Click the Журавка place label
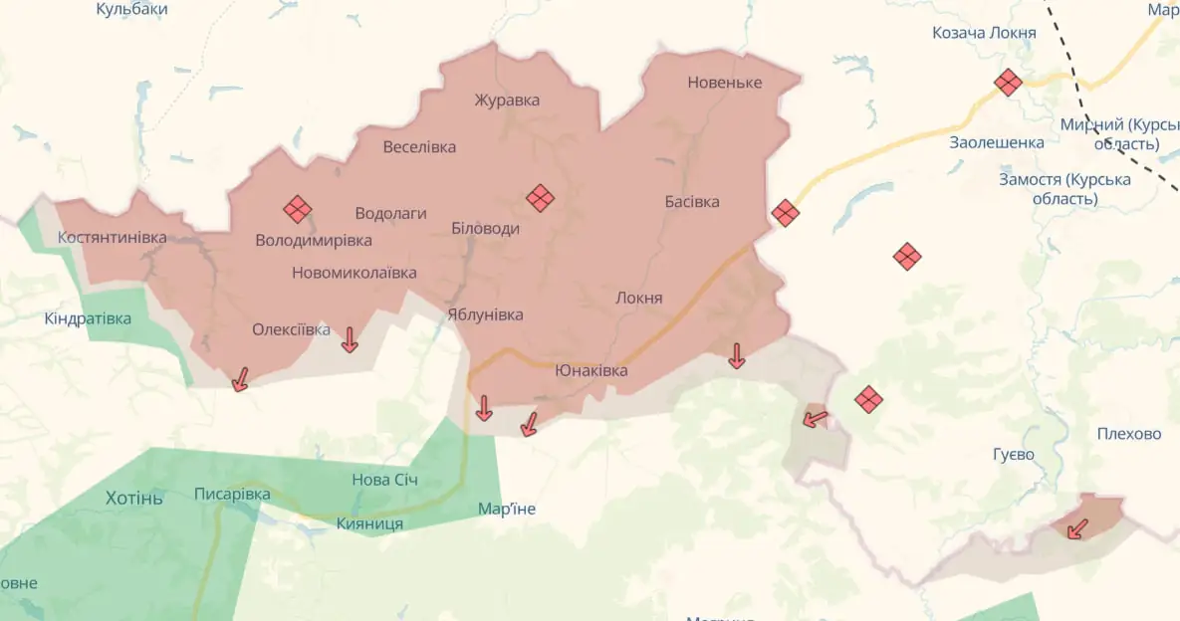(x=507, y=101)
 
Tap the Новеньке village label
(x=724, y=83)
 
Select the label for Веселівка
(x=419, y=147)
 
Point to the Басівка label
(x=692, y=202)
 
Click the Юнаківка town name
(x=591, y=370)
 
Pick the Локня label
(x=639, y=298)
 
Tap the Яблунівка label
(x=485, y=314)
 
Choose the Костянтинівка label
(x=113, y=238)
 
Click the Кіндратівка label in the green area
(x=88, y=318)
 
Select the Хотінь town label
(x=134, y=498)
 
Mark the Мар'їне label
(x=507, y=509)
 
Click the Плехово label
(x=1129, y=434)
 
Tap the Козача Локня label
(x=984, y=33)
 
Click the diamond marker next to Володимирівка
(x=297, y=209)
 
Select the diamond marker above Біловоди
(x=540, y=198)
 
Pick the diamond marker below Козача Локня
(x=1008, y=83)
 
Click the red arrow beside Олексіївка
(x=350, y=340)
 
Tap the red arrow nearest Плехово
(x=1076, y=528)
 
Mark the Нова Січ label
(x=384, y=480)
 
